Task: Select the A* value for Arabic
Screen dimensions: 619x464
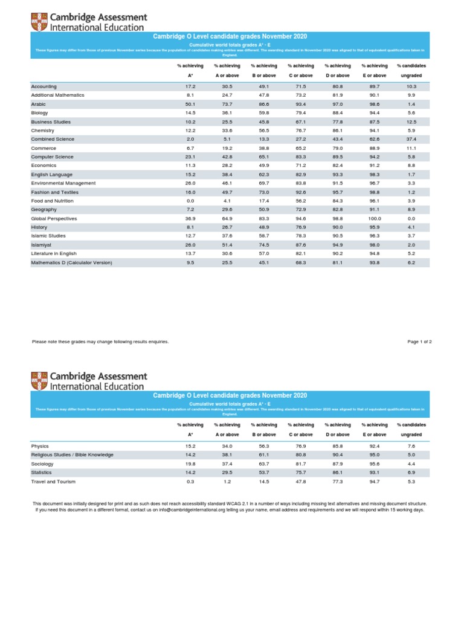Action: click(190, 104)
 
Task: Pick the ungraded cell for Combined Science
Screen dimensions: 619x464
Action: click(411, 139)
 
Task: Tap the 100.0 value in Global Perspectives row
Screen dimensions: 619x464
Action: click(375, 218)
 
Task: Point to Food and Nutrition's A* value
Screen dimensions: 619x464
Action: click(190, 201)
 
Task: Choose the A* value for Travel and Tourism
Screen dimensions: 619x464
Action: click(190, 481)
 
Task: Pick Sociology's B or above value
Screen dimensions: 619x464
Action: click(264, 464)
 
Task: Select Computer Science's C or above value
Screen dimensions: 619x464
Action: click(301, 157)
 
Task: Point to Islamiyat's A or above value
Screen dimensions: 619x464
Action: click(227, 245)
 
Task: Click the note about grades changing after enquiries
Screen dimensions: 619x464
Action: click(100, 342)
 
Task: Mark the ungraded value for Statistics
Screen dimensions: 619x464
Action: click(411, 472)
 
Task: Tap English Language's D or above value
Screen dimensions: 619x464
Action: click(338, 174)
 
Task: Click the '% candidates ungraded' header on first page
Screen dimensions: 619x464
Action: click(411, 70)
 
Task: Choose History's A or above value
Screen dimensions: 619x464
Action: click(227, 227)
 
